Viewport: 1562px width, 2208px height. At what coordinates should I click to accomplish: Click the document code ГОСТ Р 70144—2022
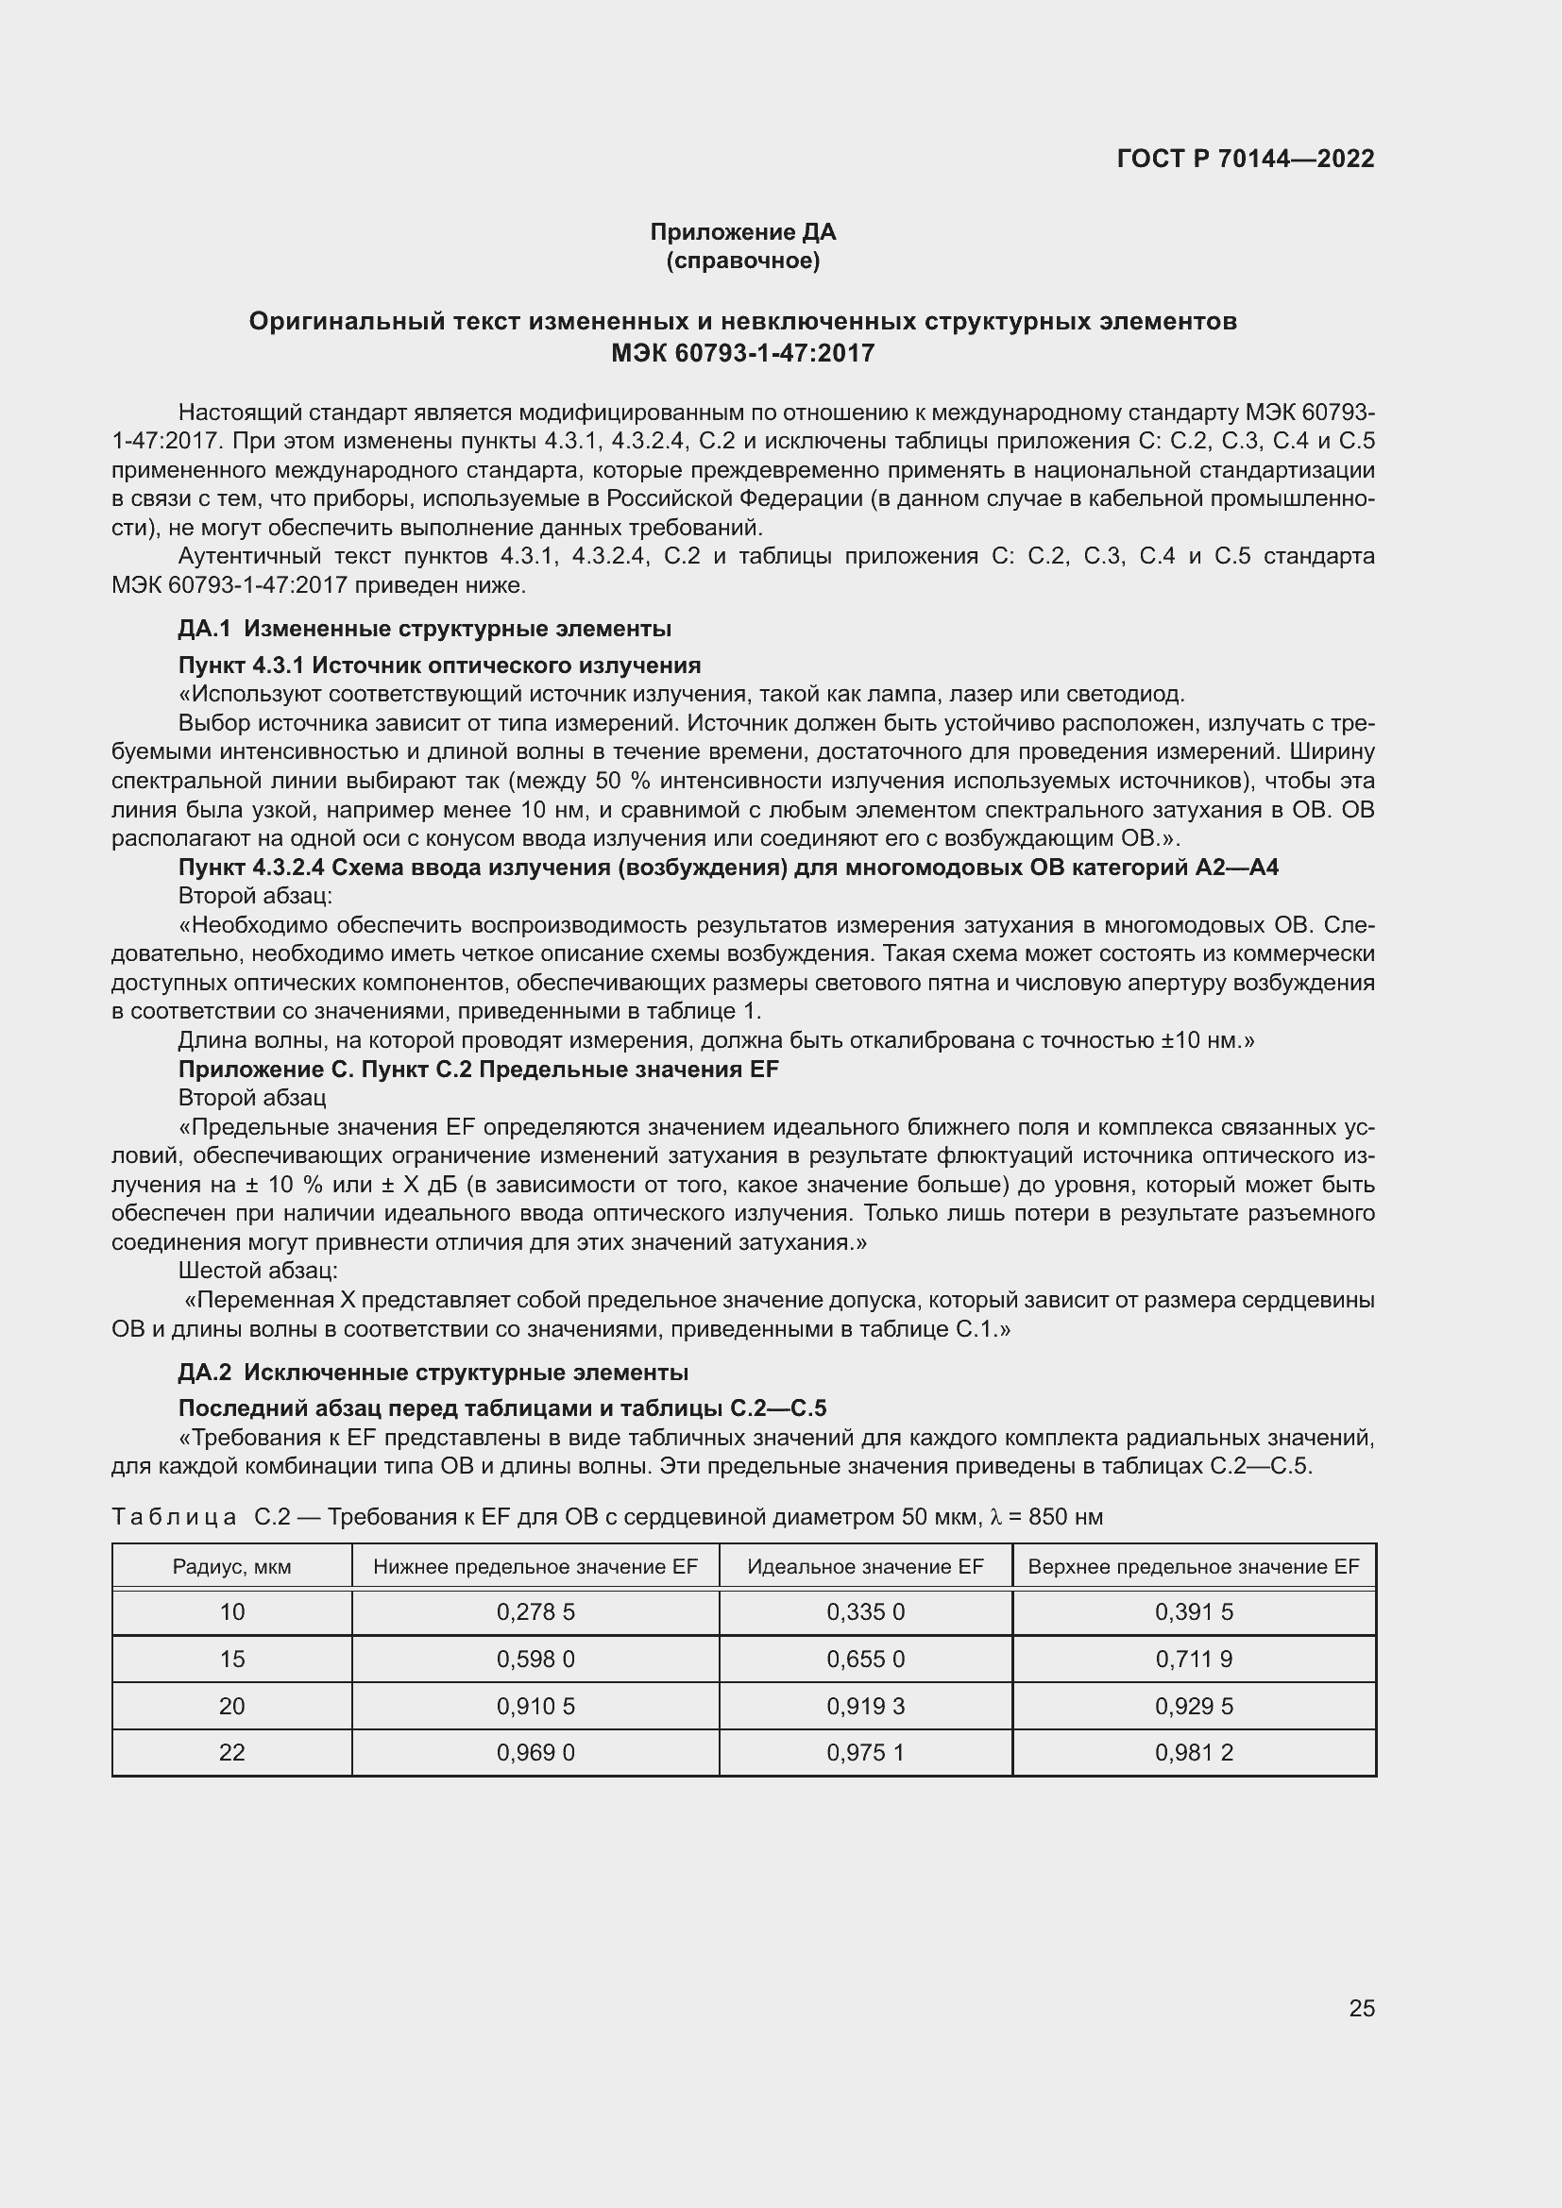click(x=1245, y=159)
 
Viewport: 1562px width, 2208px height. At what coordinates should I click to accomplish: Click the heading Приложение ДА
click(x=742, y=232)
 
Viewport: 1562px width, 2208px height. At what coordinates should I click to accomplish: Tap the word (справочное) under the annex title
click(x=742, y=261)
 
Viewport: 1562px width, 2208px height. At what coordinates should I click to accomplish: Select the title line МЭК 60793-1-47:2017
click(x=742, y=353)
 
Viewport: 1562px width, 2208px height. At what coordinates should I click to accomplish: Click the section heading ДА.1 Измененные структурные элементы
click(x=424, y=629)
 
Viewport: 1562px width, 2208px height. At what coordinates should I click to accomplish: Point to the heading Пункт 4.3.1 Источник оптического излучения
click(x=439, y=666)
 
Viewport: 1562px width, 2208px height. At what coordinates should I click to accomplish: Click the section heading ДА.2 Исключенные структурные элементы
click(x=433, y=1373)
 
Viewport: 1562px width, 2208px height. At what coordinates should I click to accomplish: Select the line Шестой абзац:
click(x=258, y=1272)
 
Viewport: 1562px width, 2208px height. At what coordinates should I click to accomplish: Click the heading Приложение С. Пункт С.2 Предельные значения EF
click(x=478, y=1070)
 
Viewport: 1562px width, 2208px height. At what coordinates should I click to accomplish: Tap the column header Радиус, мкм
click(x=231, y=1567)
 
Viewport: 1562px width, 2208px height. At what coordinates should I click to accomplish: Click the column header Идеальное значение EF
click(x=865, y=1567)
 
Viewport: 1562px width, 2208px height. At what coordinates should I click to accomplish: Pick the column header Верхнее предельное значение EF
click(x=1193, y=1567)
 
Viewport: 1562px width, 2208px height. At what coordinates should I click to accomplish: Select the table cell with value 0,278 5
click(x=535, y=1612)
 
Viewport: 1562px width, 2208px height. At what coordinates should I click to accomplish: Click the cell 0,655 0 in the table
click(x=865, y=1660)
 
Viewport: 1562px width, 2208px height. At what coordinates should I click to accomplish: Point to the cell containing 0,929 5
click(x=1193, y=1707)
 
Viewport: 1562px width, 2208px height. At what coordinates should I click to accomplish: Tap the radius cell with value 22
click(x=231, y=1753)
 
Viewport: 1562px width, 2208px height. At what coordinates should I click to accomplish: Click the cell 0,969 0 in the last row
click(x=535, y=1753)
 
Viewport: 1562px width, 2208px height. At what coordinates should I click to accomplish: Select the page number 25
click(x=1361, y=2008)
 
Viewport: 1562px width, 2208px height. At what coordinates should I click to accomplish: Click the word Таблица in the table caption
click(x=174, y=1518)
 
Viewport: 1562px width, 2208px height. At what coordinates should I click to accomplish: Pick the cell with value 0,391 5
click(x=1193, y=1612)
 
